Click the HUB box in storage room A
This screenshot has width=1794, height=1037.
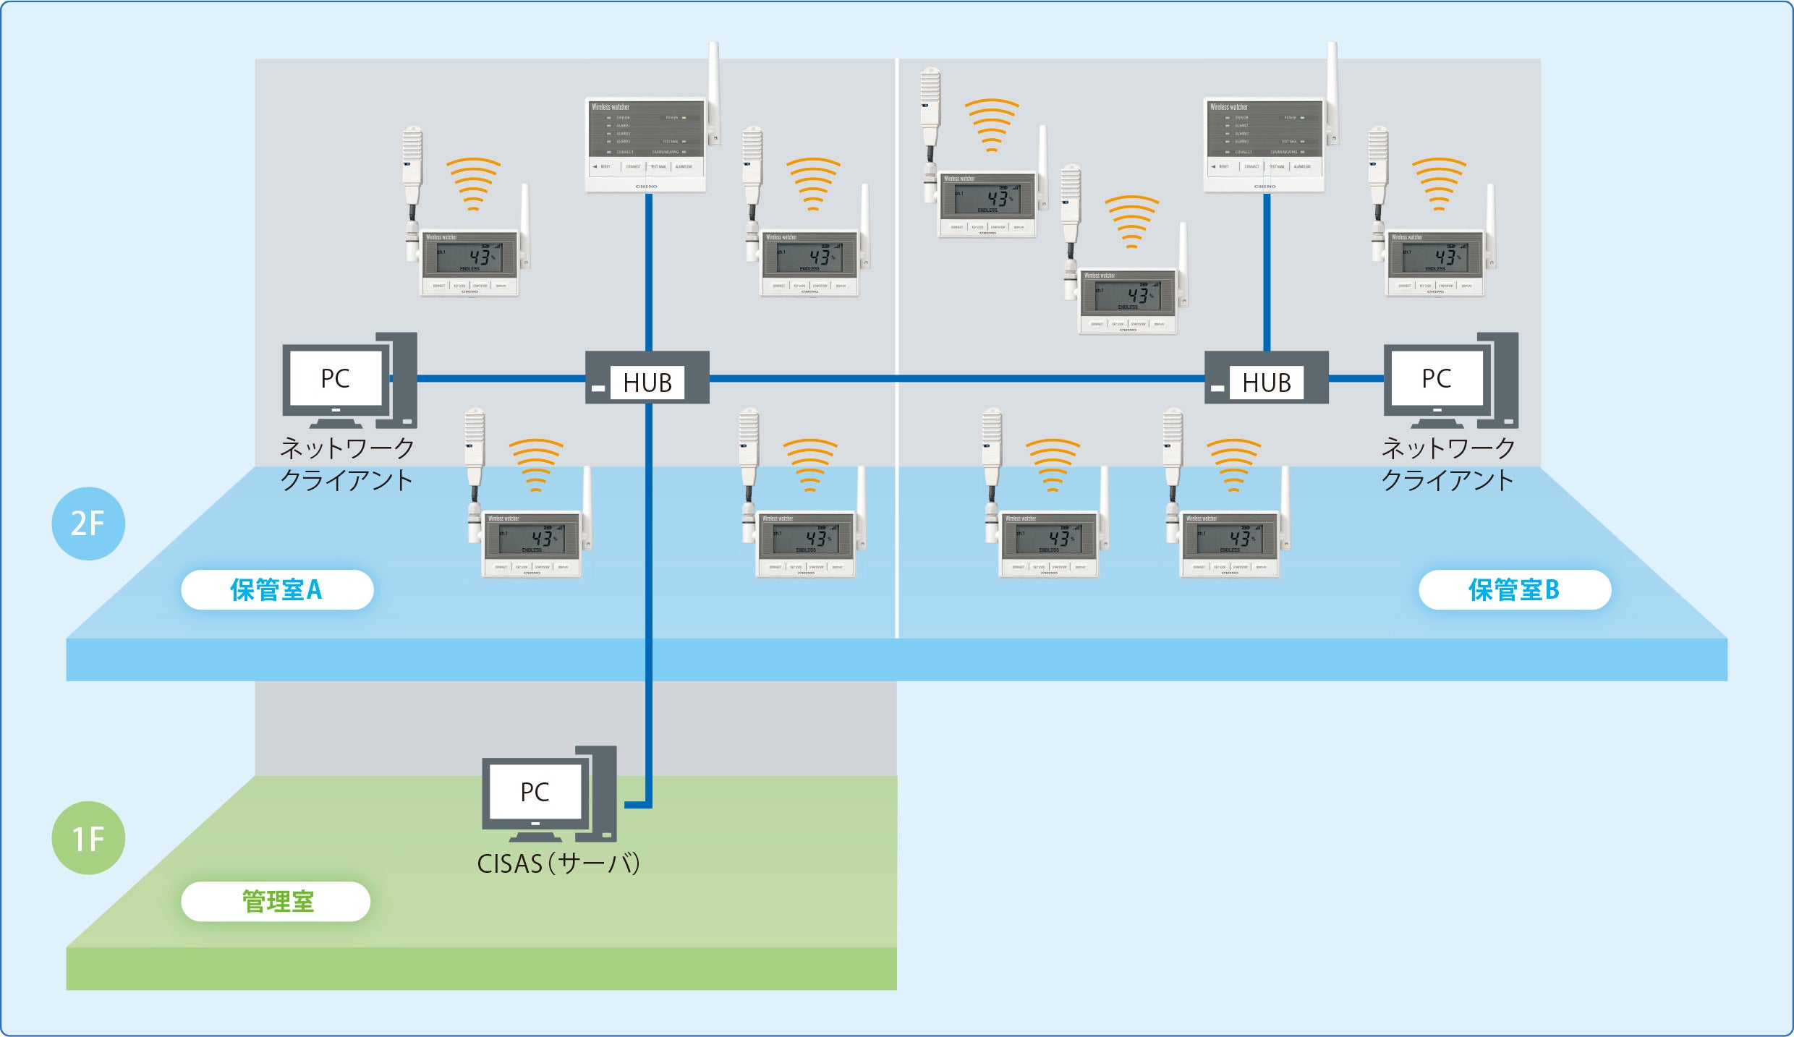click(647, 377)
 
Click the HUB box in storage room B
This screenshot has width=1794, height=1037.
click(1266, 377)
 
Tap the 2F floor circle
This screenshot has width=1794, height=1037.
click(88, 524)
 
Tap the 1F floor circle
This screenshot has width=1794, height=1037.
click(88, 838)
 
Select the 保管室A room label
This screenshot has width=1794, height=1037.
click(277, 590)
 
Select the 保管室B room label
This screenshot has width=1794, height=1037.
click(1515, 590)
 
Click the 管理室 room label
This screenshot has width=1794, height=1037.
click(276, 902)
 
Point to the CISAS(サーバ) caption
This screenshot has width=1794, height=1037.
click(558, 863)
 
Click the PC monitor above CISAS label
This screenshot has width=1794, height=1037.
click(535, 792)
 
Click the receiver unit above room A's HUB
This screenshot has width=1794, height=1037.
click(645, 145)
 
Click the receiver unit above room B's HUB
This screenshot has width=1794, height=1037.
click(1264, 145)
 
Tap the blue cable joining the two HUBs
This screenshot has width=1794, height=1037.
click(955, 378)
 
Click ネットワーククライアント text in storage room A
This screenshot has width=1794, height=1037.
click(347, 464)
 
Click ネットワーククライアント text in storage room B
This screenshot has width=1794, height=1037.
click(1448, 464)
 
